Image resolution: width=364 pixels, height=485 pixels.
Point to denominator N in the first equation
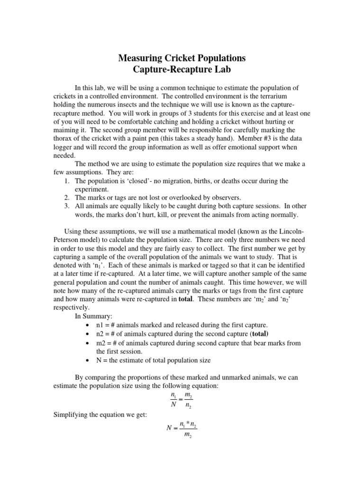[173, 405]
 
